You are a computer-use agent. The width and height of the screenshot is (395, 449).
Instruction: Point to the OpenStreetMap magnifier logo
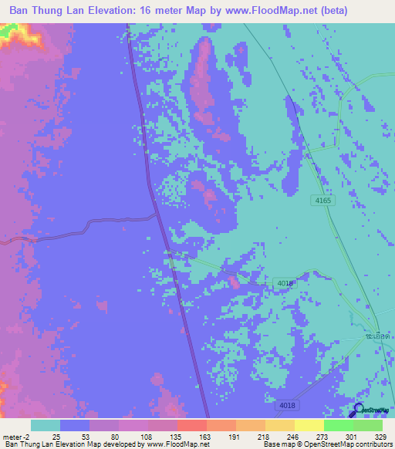click(359, 411)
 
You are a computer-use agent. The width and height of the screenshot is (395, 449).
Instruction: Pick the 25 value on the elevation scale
click(56, 436)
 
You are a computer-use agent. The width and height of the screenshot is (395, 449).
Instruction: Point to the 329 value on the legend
click(379, 436)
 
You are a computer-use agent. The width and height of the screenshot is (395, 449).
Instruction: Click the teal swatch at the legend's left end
click(46, 425)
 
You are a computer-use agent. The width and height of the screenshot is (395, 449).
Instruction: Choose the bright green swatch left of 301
click(339, 425)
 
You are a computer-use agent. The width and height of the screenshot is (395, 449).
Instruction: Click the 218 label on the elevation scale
click(262, 436)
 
